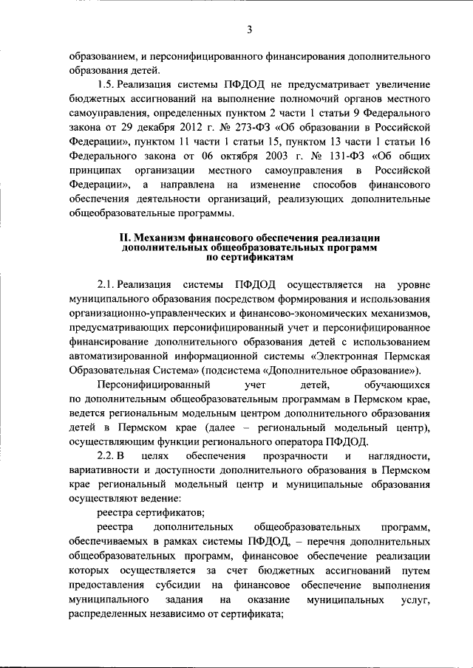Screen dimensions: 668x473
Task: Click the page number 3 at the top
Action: pyautogui.click(x=249, y=30)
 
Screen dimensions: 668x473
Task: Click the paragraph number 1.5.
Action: pyautogui.click(x=106, y=85)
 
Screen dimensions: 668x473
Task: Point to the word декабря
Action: pyautogui.click(x=156, y=128)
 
